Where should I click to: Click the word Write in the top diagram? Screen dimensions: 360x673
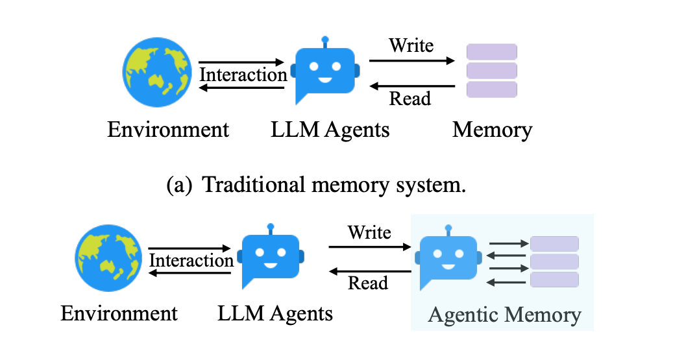[411, 46]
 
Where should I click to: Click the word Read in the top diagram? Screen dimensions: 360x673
[410, 99]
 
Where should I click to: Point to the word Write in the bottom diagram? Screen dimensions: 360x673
[369, 232]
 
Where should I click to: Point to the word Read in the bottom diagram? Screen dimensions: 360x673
[368, 283]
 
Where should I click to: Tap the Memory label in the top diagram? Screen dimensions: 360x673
[492, 130]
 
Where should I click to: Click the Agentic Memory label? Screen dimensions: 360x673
[504, 315]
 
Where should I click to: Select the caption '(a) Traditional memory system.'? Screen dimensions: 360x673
[317, 185]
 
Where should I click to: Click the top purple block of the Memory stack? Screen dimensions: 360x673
[492, 52]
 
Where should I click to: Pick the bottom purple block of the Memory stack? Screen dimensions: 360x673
[492, 90]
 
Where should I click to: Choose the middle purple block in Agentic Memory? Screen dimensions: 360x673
[554, 261]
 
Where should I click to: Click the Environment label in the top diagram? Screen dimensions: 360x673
[168, 130]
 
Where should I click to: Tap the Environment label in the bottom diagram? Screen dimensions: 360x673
[119, 315]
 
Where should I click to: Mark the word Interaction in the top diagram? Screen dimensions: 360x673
[243, 75]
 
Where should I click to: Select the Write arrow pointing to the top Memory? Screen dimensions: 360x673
[411, 61]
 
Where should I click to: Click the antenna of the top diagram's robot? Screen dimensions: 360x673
[325, 41]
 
